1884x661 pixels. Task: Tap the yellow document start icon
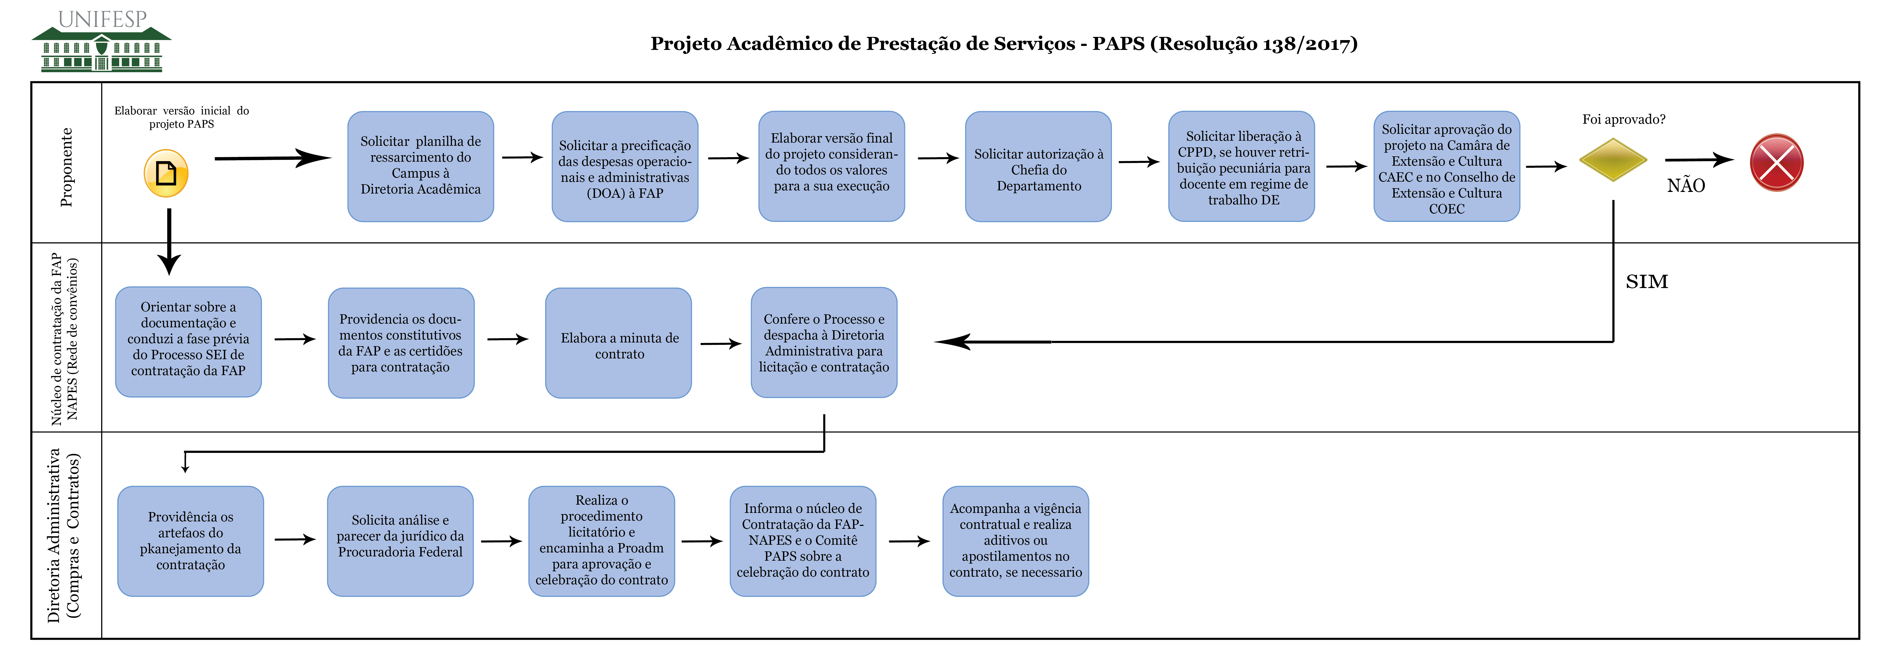coord(166,173)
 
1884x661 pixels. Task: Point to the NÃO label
coord(1686,186)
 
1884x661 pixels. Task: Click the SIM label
coord(1647,281)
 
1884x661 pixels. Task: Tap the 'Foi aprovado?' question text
coord(1624,119)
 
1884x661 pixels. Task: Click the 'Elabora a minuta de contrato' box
coord(619,343)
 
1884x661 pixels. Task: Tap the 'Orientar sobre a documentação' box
coord(189,342)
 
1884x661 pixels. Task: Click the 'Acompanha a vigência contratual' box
coord(1016,541)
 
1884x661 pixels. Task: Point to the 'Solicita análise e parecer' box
coord(400,541)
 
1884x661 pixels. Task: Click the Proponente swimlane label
coord(67,167)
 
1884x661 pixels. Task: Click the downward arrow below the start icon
coord(169,241)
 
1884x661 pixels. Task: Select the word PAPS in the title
coord(1119,44)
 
